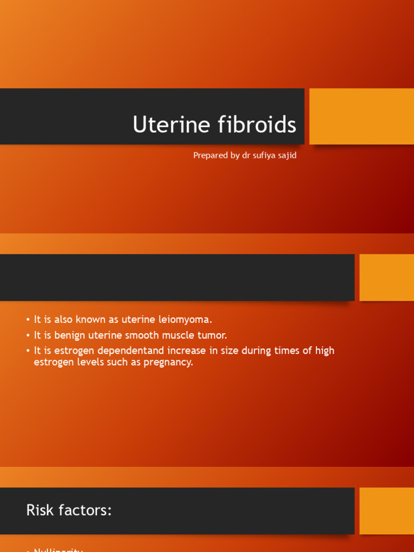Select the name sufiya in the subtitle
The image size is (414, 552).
click(264, 155)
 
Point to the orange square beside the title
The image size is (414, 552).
click(362, 116)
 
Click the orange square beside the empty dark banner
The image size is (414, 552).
click(387, 278)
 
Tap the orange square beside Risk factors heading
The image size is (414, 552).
click(387, 511)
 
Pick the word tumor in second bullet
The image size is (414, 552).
click(212, 335)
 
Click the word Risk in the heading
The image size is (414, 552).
click(38, 510)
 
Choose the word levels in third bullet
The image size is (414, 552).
click(87, 362)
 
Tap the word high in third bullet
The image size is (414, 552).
click(325, 351)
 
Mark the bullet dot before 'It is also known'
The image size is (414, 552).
click(28, 320)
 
